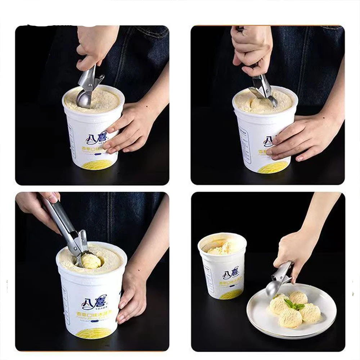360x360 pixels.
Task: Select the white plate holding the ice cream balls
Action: pos(259,317)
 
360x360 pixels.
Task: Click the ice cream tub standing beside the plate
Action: pos(222,266)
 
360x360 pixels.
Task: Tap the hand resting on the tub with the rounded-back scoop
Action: pos(131,128)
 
